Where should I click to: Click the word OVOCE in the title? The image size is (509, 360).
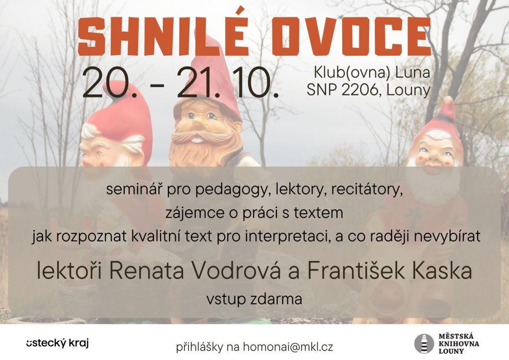[351, 37]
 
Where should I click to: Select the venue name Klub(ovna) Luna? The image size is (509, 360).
[372, 73]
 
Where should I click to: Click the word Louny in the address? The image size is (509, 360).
[409, 90]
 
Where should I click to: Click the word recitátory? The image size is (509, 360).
[366, 190]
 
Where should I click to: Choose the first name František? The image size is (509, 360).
[356, 271]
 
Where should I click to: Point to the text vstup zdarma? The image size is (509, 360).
[254, 299]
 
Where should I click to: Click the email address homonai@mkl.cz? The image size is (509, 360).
[288, 347]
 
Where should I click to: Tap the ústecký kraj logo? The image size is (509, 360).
[58, 344]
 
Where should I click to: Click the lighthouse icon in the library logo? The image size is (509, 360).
[424, 344]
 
